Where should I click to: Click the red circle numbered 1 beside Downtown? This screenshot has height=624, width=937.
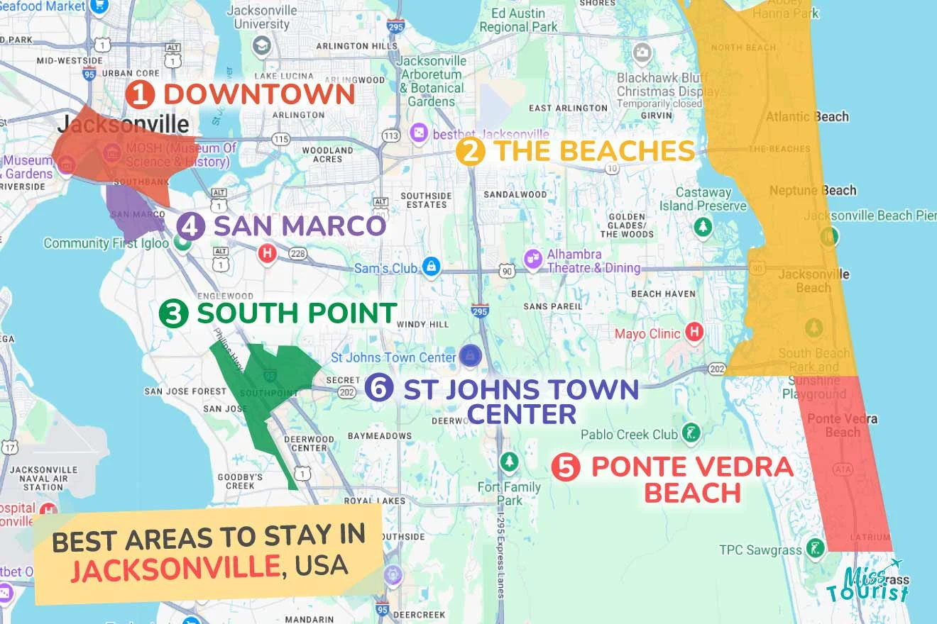coord(140,94)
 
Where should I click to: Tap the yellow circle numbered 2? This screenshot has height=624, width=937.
coord(469,152)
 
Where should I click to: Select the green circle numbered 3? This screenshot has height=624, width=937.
coord(173,313)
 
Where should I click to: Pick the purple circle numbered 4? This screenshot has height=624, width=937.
coord(190,227)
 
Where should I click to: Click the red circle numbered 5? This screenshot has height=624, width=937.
coord(566,467)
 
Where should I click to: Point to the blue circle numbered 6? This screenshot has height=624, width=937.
coord(379,388)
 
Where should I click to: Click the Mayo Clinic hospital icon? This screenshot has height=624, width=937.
coord(694,332)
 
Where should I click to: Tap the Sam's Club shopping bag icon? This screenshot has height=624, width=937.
coord(430,267)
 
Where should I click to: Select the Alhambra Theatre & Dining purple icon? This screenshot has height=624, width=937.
coord(533,260)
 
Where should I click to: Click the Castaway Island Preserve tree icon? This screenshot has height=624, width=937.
coord(703,227)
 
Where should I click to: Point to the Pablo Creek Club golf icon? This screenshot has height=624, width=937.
coord(690,433)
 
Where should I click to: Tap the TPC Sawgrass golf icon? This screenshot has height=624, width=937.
coord(814,547)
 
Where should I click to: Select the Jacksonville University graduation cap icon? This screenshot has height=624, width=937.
coord(262,46)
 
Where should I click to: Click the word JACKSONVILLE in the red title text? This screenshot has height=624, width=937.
coord(175,567)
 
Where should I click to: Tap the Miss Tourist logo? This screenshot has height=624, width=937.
coord(867,581)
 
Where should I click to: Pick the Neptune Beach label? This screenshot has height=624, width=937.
coord(812,190)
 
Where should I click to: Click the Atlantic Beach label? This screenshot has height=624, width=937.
coord(807,116)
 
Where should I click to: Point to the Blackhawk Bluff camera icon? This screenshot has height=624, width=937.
coord(642,52)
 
